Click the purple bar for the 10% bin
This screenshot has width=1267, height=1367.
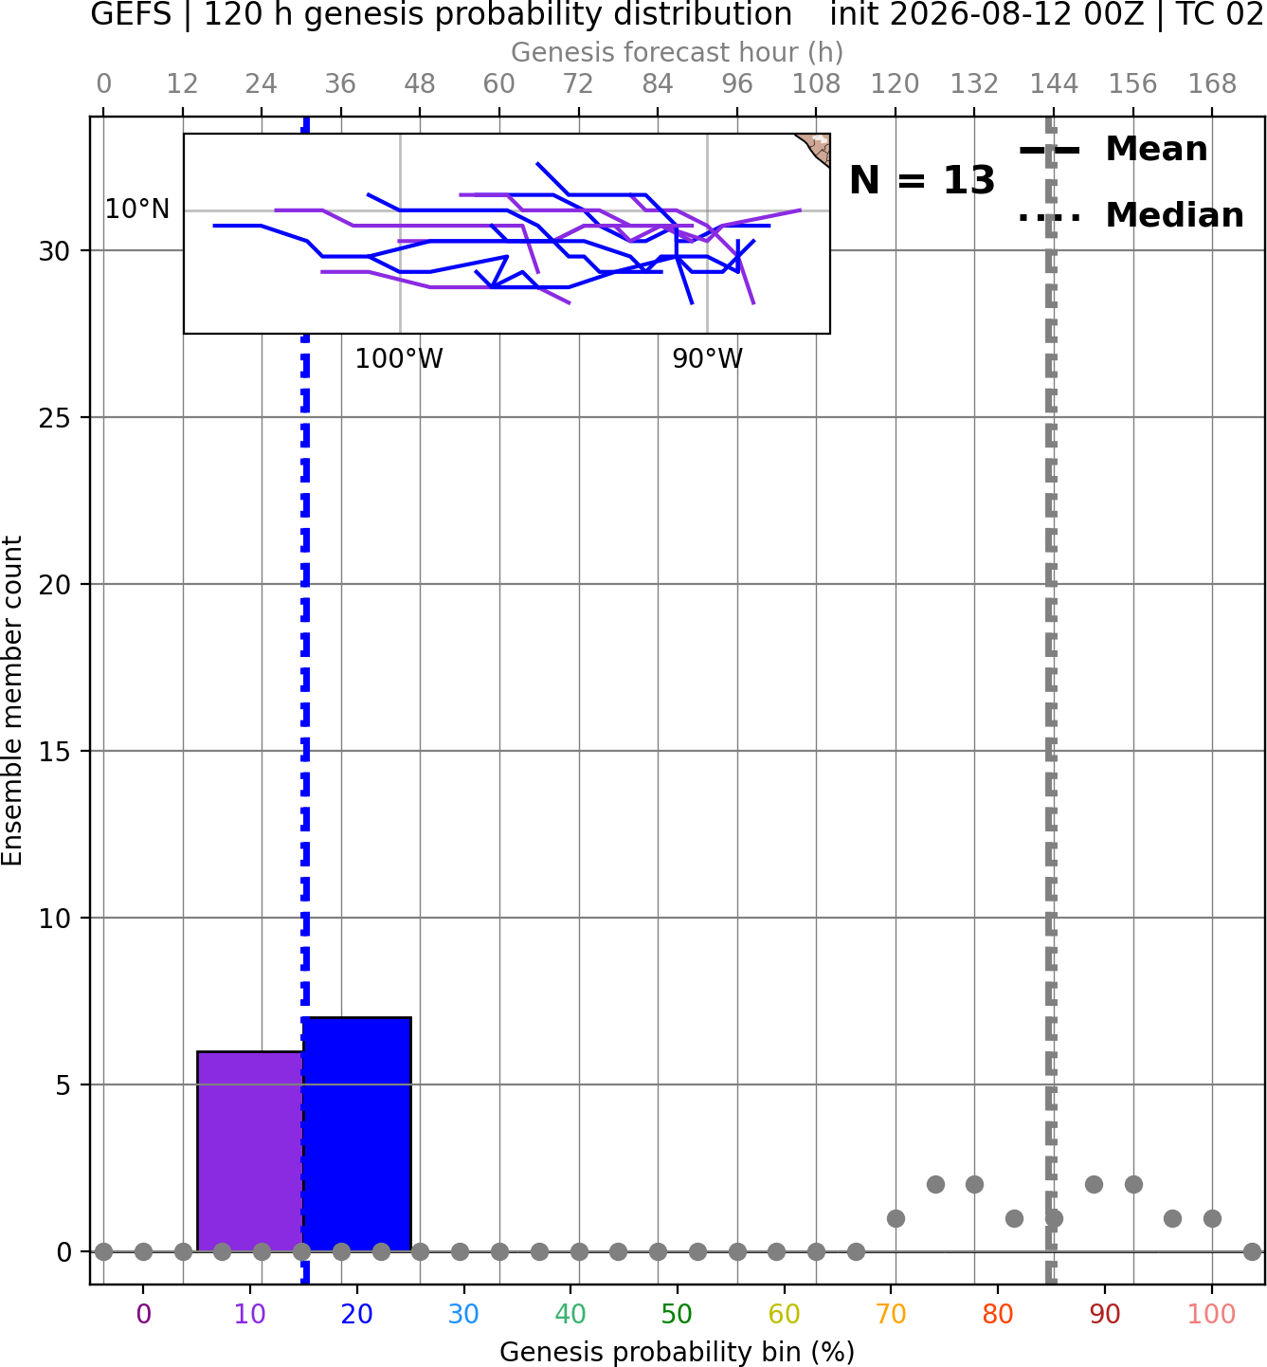click(250, 1151)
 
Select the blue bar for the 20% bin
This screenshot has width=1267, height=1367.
click(356, 1134)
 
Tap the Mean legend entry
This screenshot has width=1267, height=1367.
click(1113, 150)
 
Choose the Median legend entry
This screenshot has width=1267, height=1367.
click(1131, 215)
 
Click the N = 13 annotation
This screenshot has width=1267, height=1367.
click(921, 180)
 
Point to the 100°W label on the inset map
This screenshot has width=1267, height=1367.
click(399, 358)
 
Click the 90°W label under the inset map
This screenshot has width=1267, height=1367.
click(708, 358)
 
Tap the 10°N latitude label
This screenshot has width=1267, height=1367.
click(137, 210)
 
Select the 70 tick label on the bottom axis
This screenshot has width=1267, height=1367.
click(891, 1314)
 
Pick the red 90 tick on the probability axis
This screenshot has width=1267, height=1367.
click(1105, 1314)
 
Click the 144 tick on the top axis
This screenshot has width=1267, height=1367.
click(1054, 84)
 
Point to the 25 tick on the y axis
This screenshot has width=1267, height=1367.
click(54, 418)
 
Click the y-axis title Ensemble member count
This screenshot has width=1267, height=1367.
click(12, 702)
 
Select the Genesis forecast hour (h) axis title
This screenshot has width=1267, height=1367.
click(678, 52)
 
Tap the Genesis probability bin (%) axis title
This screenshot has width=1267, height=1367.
click(678, 1352)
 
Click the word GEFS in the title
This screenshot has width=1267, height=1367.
click(131, 15)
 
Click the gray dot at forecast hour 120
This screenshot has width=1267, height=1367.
click(896, 1218)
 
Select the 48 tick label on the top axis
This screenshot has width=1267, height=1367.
click(420, 84)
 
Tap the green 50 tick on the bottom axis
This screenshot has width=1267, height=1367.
click(677, 1314)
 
